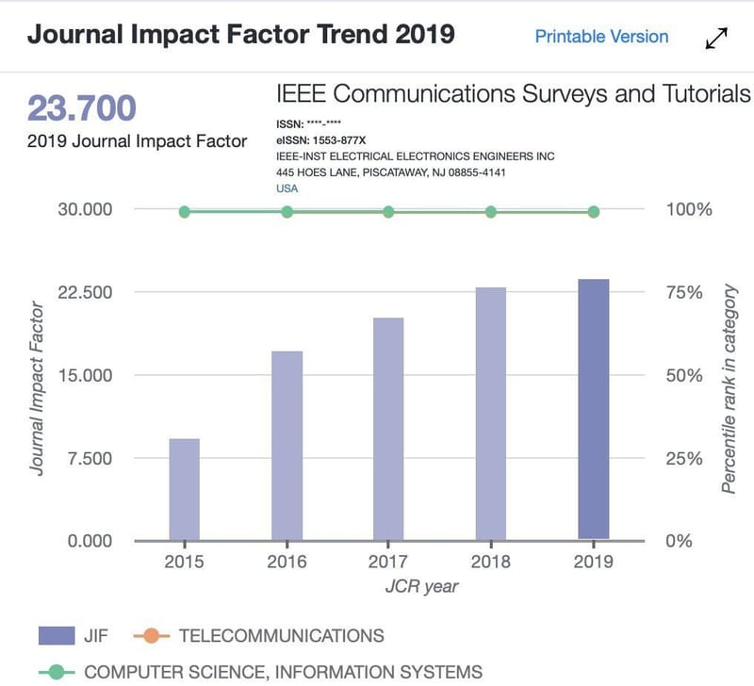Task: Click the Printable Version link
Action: click(x=601, y=37)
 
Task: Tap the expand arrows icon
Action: click(x=716, y=38)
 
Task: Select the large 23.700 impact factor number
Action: click(x=82, y=107)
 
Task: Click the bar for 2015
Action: click(x=184, y=489)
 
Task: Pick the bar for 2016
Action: click(x=287, y=446)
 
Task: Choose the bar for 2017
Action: click(x=388, y=429)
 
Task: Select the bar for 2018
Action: click(x=491, y=414)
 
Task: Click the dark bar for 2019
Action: click(x=594, y=409)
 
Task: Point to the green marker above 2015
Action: click(x=184, y=211)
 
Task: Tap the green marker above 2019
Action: click(x=594, y=212)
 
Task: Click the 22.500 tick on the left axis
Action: click(x=85, y=292)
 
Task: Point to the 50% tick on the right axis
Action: click(x=684, y=375)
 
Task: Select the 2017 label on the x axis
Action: click(x=388, y=562)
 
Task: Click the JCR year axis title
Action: click(x=421, y=586)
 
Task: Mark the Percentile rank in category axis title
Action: click(x=729, y=388)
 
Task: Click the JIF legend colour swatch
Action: click(x=57, y=635)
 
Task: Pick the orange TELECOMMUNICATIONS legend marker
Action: click(x=152, y=635)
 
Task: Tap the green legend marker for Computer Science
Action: click(x=57, y=672)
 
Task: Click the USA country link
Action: click(x=287, y=188)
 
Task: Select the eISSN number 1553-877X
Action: click(x=339, y=140)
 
